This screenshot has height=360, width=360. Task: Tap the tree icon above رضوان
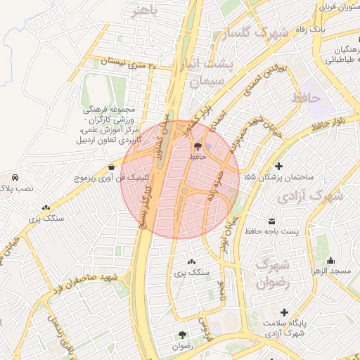click(x=183, y=335)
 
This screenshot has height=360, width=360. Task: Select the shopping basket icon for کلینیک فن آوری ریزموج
click(x=112, y=167)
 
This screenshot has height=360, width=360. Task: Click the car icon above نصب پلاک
click(x=15, y=178)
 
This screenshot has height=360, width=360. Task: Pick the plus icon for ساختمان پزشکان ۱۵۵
click(x=279, y=167)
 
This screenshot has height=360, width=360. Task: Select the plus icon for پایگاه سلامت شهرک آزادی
click(x=284, y=311)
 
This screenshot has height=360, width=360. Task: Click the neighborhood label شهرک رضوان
click(x=274, y=274)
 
